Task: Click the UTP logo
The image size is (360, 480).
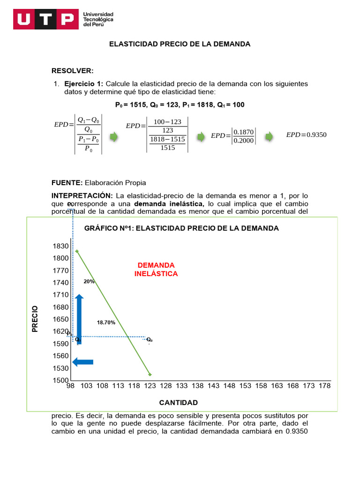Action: coord(46,19)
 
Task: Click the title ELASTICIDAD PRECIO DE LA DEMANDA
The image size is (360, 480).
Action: coord(180,44)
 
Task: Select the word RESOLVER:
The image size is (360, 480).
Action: coord(73,71)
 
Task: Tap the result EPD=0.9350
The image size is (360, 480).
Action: coord(306,135)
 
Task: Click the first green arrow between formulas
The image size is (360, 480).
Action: coord(113,137)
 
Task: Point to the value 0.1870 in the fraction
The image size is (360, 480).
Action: coord(244,132)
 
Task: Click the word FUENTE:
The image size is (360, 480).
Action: coord(67,182)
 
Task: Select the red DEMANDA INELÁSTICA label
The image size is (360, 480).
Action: coord(156,270)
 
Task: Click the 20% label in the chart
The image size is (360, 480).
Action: coord(89,282)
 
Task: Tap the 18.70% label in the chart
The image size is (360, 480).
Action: coord(106,322)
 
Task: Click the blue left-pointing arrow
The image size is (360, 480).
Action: coord(83,362)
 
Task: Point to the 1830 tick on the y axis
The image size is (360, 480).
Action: coord(61,246)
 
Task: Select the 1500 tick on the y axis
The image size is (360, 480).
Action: coord(61,380)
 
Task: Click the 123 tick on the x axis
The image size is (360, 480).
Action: coord(150,386)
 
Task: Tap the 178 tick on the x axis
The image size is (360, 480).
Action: coord(325,386)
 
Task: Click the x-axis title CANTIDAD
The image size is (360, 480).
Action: coord(178,403)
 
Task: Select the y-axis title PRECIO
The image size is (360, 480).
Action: coord(35,319)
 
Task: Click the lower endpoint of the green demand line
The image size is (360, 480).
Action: coord(150,375)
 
